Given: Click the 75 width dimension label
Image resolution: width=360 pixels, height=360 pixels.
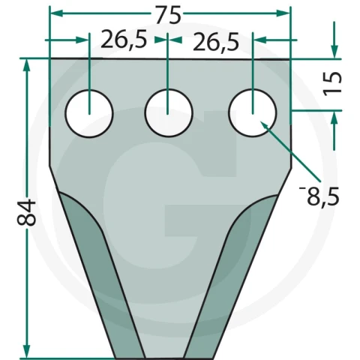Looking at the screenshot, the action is [168, 15].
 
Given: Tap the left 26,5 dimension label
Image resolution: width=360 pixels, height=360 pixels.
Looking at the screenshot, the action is [124, 39].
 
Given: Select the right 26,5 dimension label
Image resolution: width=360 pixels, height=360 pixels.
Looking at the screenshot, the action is [216, 41].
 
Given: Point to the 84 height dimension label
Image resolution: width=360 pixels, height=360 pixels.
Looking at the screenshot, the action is [26, 212].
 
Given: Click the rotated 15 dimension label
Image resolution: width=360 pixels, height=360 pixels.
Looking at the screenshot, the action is [332, 84].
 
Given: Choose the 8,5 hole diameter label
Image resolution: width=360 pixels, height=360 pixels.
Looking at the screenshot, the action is [319, 196].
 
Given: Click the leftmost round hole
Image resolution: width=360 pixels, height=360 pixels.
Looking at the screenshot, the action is [89, 113].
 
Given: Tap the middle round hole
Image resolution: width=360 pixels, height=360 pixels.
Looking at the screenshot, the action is [169, 113].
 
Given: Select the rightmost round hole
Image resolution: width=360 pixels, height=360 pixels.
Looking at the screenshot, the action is [253, 113].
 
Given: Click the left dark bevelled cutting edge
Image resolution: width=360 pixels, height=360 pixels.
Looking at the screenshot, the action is [100, 270].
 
